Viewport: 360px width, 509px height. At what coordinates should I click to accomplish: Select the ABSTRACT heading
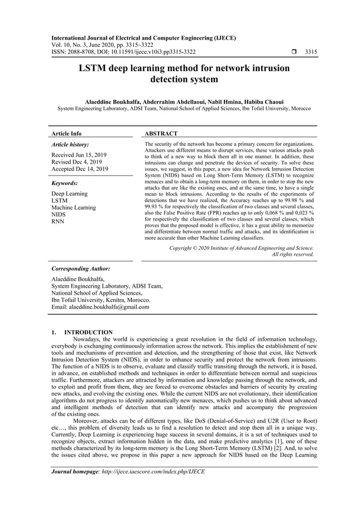click(161, 134)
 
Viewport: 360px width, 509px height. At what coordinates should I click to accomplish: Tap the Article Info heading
click(66, 134)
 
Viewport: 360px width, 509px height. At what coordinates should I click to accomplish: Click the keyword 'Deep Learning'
click(69, 194)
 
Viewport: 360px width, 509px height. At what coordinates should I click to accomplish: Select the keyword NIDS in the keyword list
click(59, 215)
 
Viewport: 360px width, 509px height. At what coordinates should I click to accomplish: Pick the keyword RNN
click(58, 222)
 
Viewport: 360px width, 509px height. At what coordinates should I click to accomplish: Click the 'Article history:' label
click(70, 144)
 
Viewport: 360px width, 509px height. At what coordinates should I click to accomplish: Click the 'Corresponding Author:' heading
click(81, 269)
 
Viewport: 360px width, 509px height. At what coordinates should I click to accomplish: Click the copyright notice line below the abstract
click(242, 248)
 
